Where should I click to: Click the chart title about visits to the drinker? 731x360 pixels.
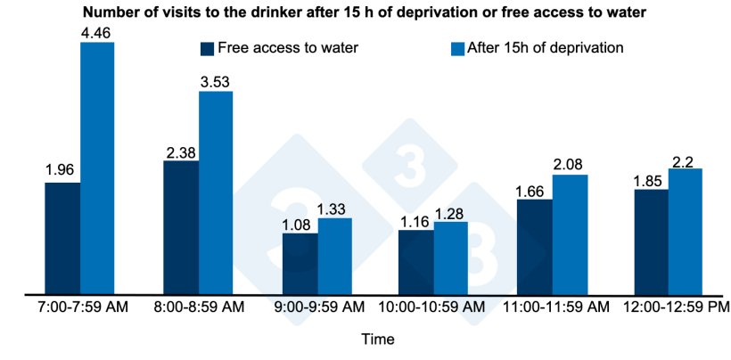click(365, 12)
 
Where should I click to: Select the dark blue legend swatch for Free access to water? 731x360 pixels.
click(209, 48)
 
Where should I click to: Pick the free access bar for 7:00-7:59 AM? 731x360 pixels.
click(62, 238)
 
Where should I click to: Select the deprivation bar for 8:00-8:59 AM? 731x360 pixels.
click(216, 192)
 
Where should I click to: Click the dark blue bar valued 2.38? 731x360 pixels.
click(181, 227)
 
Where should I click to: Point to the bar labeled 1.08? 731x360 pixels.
click(300, 264)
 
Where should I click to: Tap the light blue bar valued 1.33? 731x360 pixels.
click(334, 256)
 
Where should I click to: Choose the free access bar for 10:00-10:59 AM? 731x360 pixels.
click(416, 262)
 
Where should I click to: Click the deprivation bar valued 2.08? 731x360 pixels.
click(570, 234)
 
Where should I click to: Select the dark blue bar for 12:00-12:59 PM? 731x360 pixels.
click(651, 241)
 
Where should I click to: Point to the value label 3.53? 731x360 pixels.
click(216, 82)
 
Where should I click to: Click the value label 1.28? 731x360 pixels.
click(451, 212)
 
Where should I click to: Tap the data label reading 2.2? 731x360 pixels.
click(686, 160)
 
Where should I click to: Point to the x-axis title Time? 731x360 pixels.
click(377, 340)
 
